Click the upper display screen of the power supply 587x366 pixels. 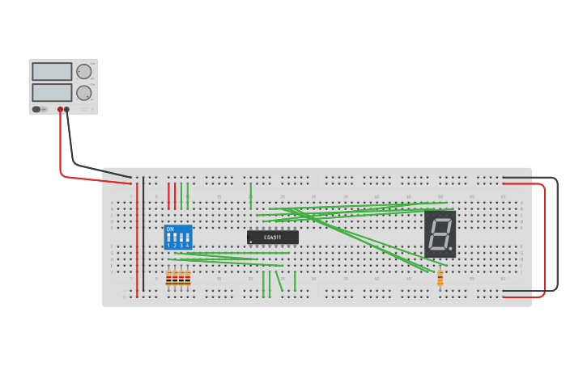coord(52,71)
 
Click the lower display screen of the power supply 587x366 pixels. coord(52,92)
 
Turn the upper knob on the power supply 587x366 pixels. coord(83,71)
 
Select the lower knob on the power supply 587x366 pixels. coord(83,92)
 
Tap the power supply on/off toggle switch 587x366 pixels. coord(36,109)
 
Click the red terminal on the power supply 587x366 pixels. coord(60,109)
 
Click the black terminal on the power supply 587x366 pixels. coord(67,109)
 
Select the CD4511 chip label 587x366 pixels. coord(273,237)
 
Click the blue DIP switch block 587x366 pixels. coord(178,237)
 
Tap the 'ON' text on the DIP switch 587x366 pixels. coord(170,229)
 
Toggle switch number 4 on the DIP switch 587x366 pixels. coord(187,239)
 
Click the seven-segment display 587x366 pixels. coord(440,234)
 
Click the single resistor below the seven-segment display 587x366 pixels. coord(440,279)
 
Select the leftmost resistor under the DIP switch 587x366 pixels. coord(168,278)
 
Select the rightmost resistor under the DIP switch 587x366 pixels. coord(188,278)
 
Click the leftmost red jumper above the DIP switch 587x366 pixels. coord(168,196)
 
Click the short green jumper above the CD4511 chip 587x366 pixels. coord(251,196)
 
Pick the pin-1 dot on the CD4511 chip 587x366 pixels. coord(252,242)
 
